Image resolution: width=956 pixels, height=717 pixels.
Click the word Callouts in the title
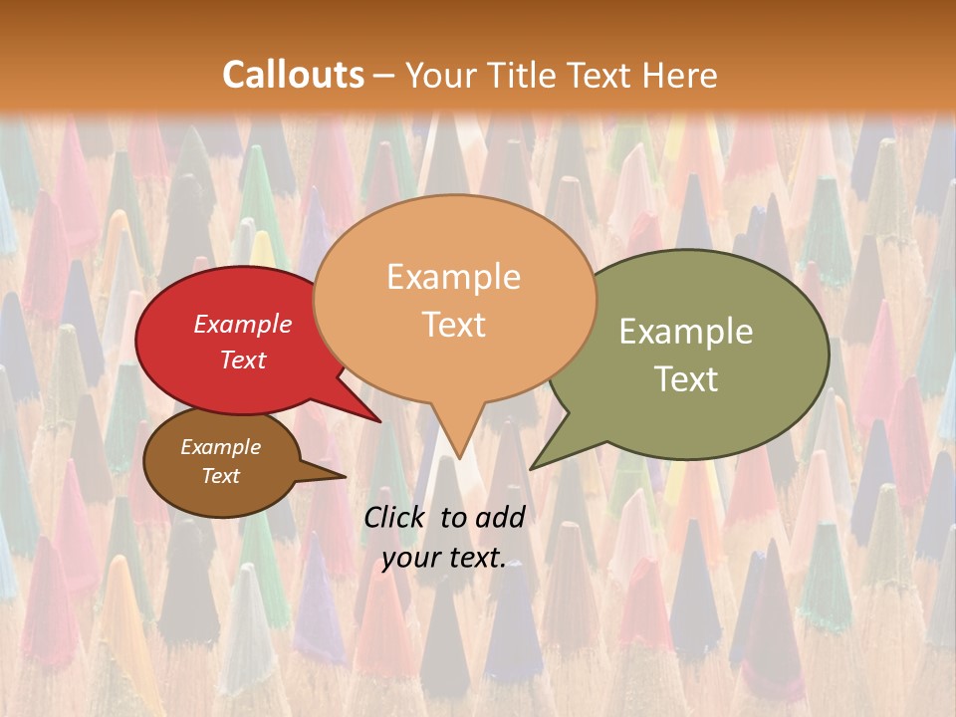[x=293, y=76]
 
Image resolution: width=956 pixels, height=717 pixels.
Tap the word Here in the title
[x=680, y=76]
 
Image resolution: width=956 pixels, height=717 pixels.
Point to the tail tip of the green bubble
[x=534, y=466]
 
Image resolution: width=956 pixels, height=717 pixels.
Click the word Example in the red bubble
[x=243, y=325]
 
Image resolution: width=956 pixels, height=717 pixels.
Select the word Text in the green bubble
[x=686, y=379]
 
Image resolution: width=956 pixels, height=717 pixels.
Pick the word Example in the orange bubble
[x=454, y=277]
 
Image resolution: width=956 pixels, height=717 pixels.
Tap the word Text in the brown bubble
[x=221, y=476]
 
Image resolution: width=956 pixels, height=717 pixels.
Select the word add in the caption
[x=500, y=517]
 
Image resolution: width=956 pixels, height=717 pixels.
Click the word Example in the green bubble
[x=686, y=332]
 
